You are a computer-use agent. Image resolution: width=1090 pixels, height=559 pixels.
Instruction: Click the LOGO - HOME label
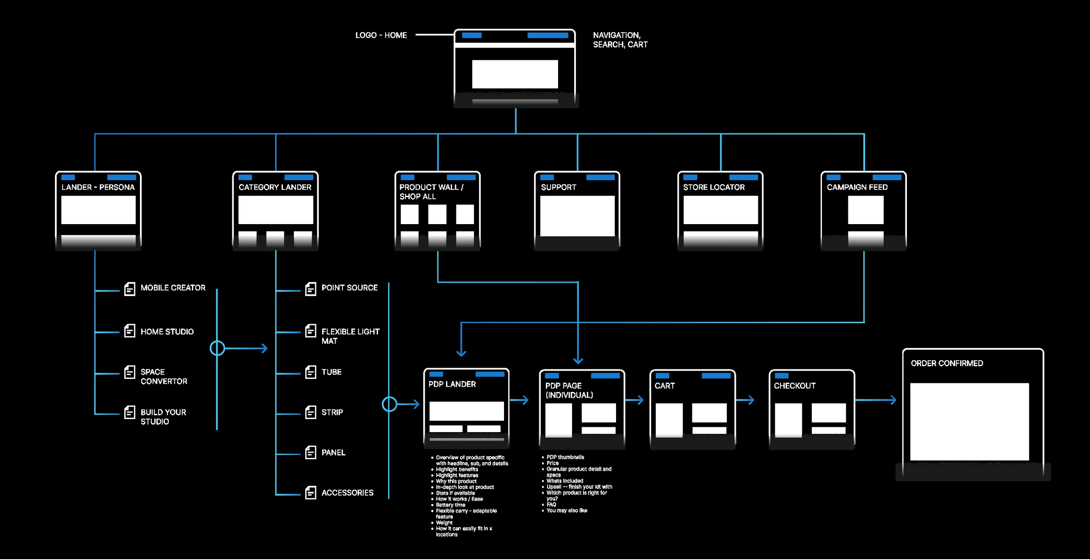point(381,35)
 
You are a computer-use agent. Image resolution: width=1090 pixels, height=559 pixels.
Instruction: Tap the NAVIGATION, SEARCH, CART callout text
point(620,40)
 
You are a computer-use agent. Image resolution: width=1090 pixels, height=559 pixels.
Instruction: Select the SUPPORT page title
point(559,187)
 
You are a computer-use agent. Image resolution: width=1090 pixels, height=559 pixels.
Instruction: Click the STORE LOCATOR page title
point(714,187)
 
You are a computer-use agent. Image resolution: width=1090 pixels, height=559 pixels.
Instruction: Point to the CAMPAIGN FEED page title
point(857,187)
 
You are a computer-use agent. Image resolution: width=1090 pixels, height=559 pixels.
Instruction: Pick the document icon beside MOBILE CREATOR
point(129,289)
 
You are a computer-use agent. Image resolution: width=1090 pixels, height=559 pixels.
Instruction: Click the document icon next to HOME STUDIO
point(129,331)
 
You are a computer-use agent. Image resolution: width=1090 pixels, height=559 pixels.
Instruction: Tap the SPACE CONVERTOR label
point(164,377)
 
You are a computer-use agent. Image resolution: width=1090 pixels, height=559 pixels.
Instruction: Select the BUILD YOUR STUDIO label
point(163,417)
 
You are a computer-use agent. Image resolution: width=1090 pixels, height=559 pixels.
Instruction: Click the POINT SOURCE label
point(350,288)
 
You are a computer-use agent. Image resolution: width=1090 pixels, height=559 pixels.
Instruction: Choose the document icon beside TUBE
point(310,372)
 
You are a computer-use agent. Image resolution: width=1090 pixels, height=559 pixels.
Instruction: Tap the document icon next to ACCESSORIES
point(310,493)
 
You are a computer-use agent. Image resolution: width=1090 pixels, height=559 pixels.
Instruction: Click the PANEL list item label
point(334,453)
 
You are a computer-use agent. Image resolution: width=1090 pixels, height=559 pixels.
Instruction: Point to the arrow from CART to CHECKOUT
point(745,400)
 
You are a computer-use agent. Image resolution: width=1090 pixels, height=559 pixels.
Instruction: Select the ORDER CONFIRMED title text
point(947,364)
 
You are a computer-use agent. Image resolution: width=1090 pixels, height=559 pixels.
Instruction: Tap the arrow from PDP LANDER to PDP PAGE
point(519,400)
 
